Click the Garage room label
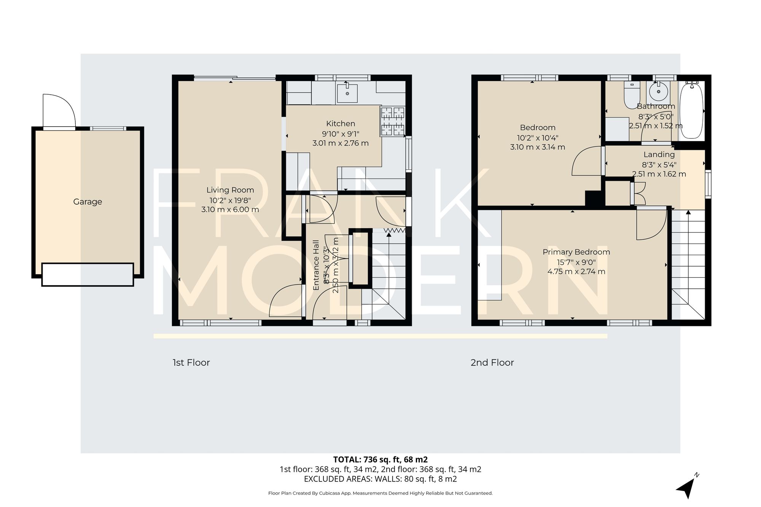click(x=88, y=202)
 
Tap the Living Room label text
click(x=230, y=190)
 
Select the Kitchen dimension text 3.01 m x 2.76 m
click(x=340, y=143)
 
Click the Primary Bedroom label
click(x=576, y=252)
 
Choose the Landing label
click(x=659, y=155)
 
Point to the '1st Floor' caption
click(x=191, y=363)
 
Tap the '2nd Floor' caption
click(x=492, y=363)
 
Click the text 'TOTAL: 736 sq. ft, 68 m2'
click(x=380, y=459)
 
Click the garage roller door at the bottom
click(x=88, y=274)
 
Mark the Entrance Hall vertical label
click(x=316, y=265)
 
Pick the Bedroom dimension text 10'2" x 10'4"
click(x=537, y=138)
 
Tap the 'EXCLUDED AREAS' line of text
click(x=380, y=479)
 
